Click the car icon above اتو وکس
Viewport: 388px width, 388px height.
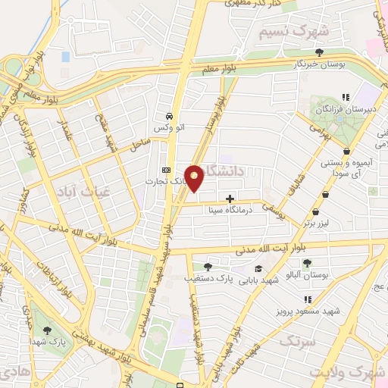click(x=169, y=117)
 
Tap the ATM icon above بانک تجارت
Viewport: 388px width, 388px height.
click(x=166, y=169)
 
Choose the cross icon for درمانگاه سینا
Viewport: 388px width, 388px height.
click(x=230, y=199)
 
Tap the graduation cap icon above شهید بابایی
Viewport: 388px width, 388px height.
click(x=258, y=268)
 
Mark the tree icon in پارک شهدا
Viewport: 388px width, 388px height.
click(x=48, y=330)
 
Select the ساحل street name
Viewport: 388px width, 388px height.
click(x=141, y=142)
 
